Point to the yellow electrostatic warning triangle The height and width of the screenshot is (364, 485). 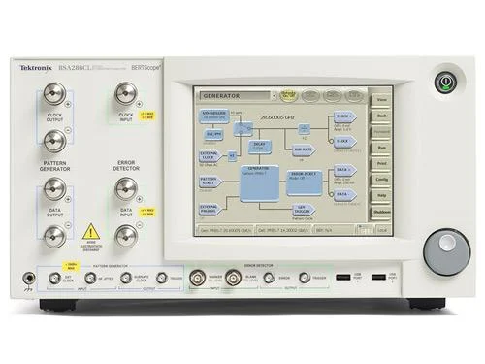click(x=91, y=232)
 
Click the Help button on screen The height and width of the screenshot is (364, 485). click(x=382, y=195)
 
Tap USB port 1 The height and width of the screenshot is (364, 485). click(x=342, y=279)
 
